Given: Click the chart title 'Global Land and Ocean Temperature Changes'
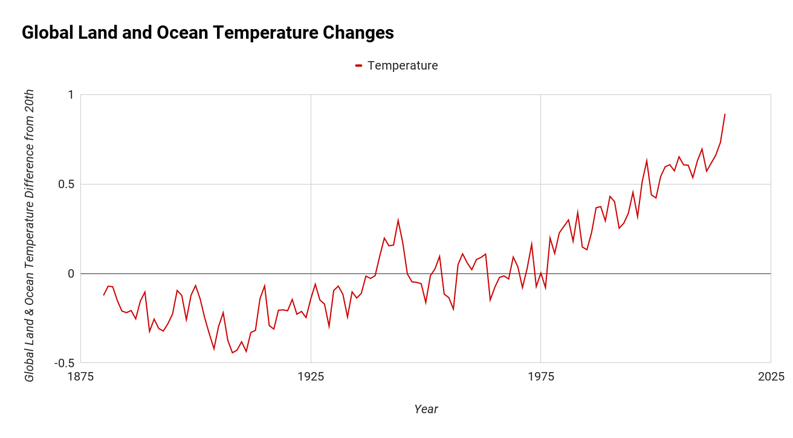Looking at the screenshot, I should (x=207, y=33).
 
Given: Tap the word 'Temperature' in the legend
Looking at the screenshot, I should (x=403, y=65).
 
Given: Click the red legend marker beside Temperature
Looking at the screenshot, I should (x=358, y=65).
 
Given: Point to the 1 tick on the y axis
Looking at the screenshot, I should (x=70, y=95).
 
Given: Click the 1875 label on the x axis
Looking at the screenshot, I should (x=81, y=377).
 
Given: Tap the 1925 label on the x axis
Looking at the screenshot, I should (x=311, y=377).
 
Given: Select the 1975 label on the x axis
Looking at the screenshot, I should (x=541, y=377).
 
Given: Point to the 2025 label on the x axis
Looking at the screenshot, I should (x=771, y=377).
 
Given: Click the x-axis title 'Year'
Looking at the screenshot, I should (x=426, y=409).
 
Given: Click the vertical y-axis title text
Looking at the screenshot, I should (x=29, y=236).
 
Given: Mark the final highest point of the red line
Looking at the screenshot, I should (x=725, y=114).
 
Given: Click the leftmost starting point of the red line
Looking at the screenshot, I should (x=104, y=295).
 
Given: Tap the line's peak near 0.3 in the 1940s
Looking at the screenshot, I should (x=398, y=220).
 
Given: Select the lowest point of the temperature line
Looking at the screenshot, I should (x=232, y=353).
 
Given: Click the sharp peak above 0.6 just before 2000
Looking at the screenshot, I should (x=647, y=160).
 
